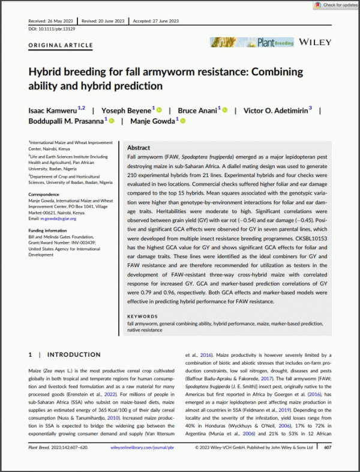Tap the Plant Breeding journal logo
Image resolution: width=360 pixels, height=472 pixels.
pyautogui.click(x=252, y=42)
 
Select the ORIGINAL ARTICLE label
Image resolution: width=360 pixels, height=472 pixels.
pyautogui.click(x=61, y=46)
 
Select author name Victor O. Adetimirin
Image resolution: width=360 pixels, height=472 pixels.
pyautogui.click(x=271, y=110)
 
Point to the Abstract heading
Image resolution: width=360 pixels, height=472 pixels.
pyautogui.click(x=140, y=147)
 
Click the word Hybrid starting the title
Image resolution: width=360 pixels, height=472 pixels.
pyautogui.click(x=47, y=71)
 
